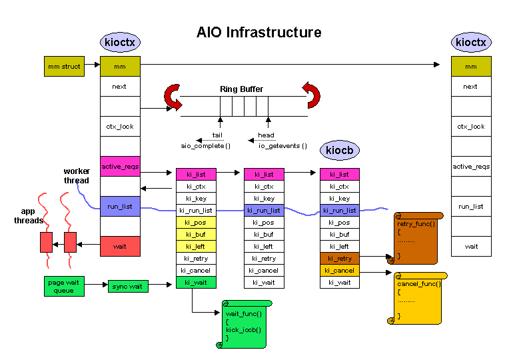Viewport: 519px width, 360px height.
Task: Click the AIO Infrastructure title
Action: pyautogui.click(x=259, y=32)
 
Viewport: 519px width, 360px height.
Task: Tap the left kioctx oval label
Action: pyautogui.click(x=120, y=43)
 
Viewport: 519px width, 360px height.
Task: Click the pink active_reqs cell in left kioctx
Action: pyautogui.click(x=120, y=166)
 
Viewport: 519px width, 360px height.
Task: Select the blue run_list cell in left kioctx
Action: pyautogui.click(x=120, y=206)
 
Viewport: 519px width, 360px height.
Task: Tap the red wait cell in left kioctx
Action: pyautogui.click(x=120, y=246)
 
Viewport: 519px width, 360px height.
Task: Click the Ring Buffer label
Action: pyautogui.click(x=241, y=89)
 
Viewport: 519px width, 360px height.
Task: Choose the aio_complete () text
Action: pyautogui.click(x=205, y=145)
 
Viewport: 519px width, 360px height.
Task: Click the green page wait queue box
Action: pyautogui.click(x=65, y=286)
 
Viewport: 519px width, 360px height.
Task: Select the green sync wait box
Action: pyautogui.click(x=128, y=286)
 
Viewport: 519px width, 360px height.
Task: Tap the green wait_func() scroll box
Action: pyautogui.click(x=244, y=324)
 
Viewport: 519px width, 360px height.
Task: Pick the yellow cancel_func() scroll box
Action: pyautogui.click(x=419, y=298)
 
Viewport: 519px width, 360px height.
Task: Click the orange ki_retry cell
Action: pyautogui.click(x=339, y=259)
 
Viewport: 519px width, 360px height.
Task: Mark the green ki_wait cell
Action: pyautogui.click(x=195, y=283)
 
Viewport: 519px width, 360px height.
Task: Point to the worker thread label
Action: pyautogui.click(x=77, y=176)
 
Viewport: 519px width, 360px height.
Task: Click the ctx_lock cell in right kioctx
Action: pyautogui.click(x=470, y=127)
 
